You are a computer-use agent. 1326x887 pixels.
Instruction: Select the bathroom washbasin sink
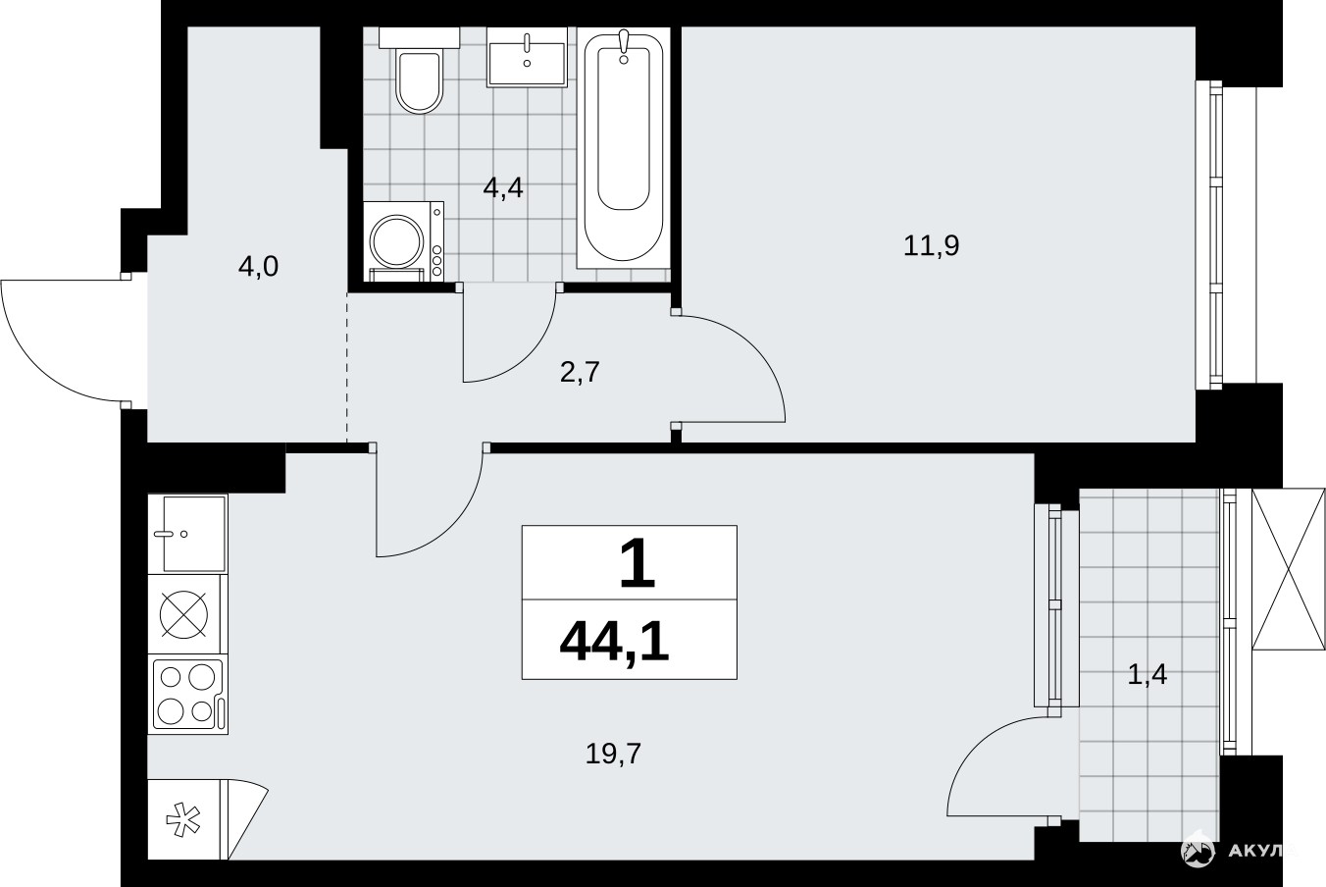pyautogui.click(x=527, y=58)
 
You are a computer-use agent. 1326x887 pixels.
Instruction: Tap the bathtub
pyautogui.click(x=623, y=148)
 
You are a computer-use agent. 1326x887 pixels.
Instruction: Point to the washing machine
pyautogui.click(x=403, y=241)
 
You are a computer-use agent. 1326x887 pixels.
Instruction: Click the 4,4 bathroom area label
pyautogui.click(x=503, y=188)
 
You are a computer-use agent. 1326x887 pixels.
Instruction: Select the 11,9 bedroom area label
pyautogui.click(x=931, y=245)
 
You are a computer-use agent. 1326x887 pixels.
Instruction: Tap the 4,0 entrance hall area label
pyautogui.click(x=258, y=267)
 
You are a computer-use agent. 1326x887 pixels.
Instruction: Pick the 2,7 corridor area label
pyautogui.click(x=581, y=373)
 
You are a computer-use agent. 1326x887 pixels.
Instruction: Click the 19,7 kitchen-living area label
pyautogui.click(x=613, y=754)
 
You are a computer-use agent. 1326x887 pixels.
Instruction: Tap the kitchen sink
pyautogui.click(x=187, y=534)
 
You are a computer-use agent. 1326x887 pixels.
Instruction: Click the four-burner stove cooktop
pyautogui.click(x=187, y=694)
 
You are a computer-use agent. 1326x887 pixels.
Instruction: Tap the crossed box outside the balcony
pyautogui.click(x=1288, y=570)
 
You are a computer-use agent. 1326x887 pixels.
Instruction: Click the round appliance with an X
pyautogui.click(x=184, y=614)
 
